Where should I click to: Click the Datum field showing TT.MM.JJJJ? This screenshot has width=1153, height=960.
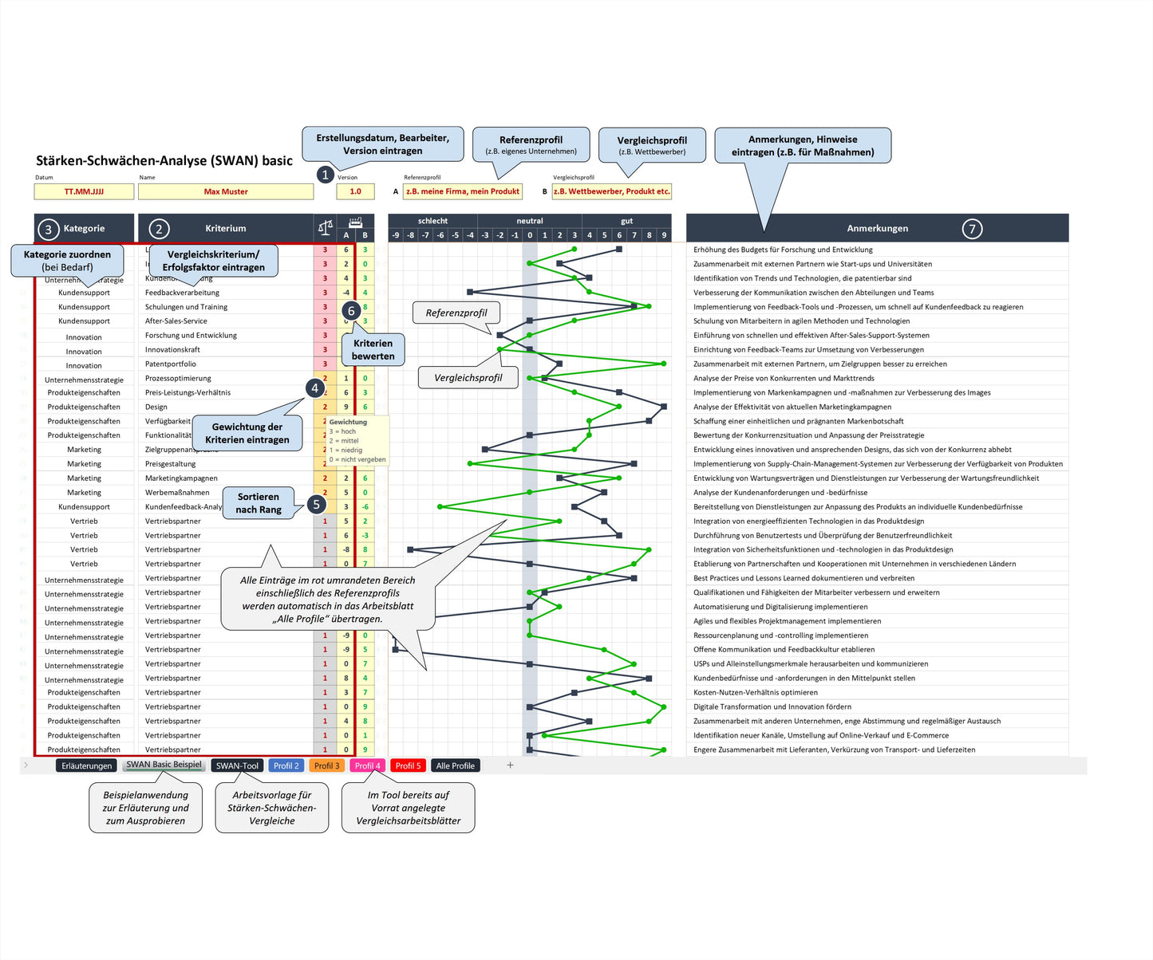tap(84, 191)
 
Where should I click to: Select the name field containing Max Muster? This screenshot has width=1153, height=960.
tap(226, 191)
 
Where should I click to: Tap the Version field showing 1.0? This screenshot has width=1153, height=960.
tap(355, 191)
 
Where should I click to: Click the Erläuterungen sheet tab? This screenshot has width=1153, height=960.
tap(87, 765)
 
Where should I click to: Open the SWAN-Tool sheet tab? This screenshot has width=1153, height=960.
tap(237, 765)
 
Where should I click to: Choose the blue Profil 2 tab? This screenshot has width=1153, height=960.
tap(286, 765)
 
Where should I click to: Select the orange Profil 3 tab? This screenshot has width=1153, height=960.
tap(326, 765)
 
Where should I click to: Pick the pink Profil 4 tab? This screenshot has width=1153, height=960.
tap(367, 765)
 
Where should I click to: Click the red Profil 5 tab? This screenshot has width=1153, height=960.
tap(408, 765)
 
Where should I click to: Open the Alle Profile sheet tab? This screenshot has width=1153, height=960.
tap(455, 765)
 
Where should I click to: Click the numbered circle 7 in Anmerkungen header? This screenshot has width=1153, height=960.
tap(972, 229)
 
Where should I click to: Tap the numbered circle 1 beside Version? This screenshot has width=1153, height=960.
tap(325, 175)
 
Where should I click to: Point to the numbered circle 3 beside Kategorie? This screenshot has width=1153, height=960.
tap(48, 229)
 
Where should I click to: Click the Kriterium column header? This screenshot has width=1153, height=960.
tap(226, 228)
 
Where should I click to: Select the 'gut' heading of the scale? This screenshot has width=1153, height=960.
tap(626, 221)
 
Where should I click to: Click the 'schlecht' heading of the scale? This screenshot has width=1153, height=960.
tap(432, 221)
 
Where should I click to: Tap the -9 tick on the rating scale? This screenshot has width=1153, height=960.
tap(396, 235)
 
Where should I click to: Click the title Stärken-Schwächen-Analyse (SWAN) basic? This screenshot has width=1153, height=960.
tap(164, 160)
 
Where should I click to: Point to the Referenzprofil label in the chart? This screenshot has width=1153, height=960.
tap(456, 313)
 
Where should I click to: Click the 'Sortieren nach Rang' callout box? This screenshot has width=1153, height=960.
tap(259, 502)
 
